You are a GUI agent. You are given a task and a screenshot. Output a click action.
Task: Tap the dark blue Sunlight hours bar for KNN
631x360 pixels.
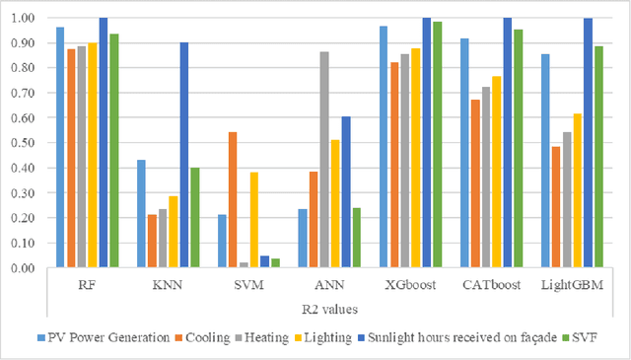point(184,155)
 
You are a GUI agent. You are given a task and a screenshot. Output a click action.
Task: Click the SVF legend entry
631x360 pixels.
point(585,338)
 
